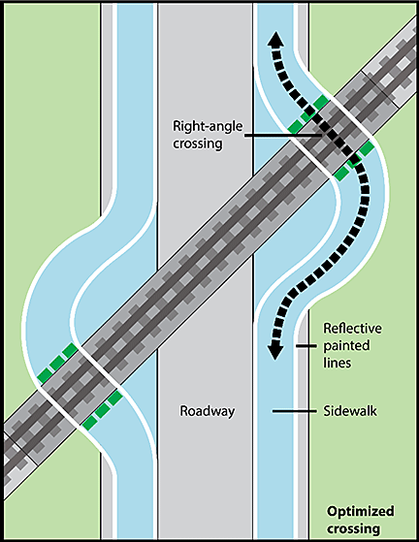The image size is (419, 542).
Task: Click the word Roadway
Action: click(x=208, y=411)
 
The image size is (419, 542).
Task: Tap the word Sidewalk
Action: click(x=350, y=411)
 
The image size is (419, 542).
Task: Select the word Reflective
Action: click(x=353, y=328)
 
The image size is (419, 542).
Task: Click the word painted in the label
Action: click(x=346, y=346)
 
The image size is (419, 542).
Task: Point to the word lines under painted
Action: click(x=338, y=363)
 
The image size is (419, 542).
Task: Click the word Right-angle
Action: click(x=208, y=126)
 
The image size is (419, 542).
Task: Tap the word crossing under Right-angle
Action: click(x=198, y=143)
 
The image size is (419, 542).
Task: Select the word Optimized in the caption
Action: click(x=361, y=511)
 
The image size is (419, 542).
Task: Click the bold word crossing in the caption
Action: click(x=353, y=528)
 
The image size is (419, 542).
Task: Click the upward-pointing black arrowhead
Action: click(x=275, y=39)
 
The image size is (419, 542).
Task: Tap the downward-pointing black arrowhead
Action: click(x=275, y=351)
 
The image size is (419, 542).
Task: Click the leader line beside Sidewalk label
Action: click(x=294, y=411)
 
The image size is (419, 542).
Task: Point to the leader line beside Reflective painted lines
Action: click(x=306, y=346)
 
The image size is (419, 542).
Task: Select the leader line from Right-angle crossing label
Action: click(x=283, y=136)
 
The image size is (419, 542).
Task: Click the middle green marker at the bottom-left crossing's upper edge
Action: click(x=57, y=363)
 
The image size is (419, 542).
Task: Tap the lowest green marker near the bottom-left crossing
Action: click(x=89, y=423)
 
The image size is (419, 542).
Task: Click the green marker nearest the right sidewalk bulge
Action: click(x=367, y=149)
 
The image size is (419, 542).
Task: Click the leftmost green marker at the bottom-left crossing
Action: click(x=45, y=375)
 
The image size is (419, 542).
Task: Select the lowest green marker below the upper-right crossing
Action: click(x=341, y=174)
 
